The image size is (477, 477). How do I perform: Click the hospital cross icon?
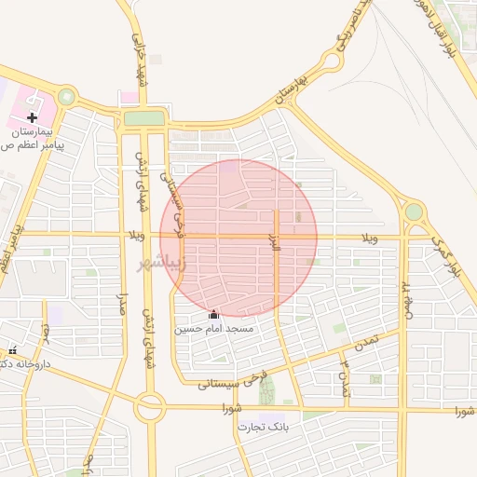33,118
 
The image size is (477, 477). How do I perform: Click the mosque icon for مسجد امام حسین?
214,315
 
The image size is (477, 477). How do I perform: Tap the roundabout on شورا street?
149,407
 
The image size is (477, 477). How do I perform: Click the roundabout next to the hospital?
66,96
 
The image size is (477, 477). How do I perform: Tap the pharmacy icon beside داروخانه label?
12,350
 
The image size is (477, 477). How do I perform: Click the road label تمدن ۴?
343,376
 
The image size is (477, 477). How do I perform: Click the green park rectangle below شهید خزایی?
143,118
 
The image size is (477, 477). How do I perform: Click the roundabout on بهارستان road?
330,62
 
